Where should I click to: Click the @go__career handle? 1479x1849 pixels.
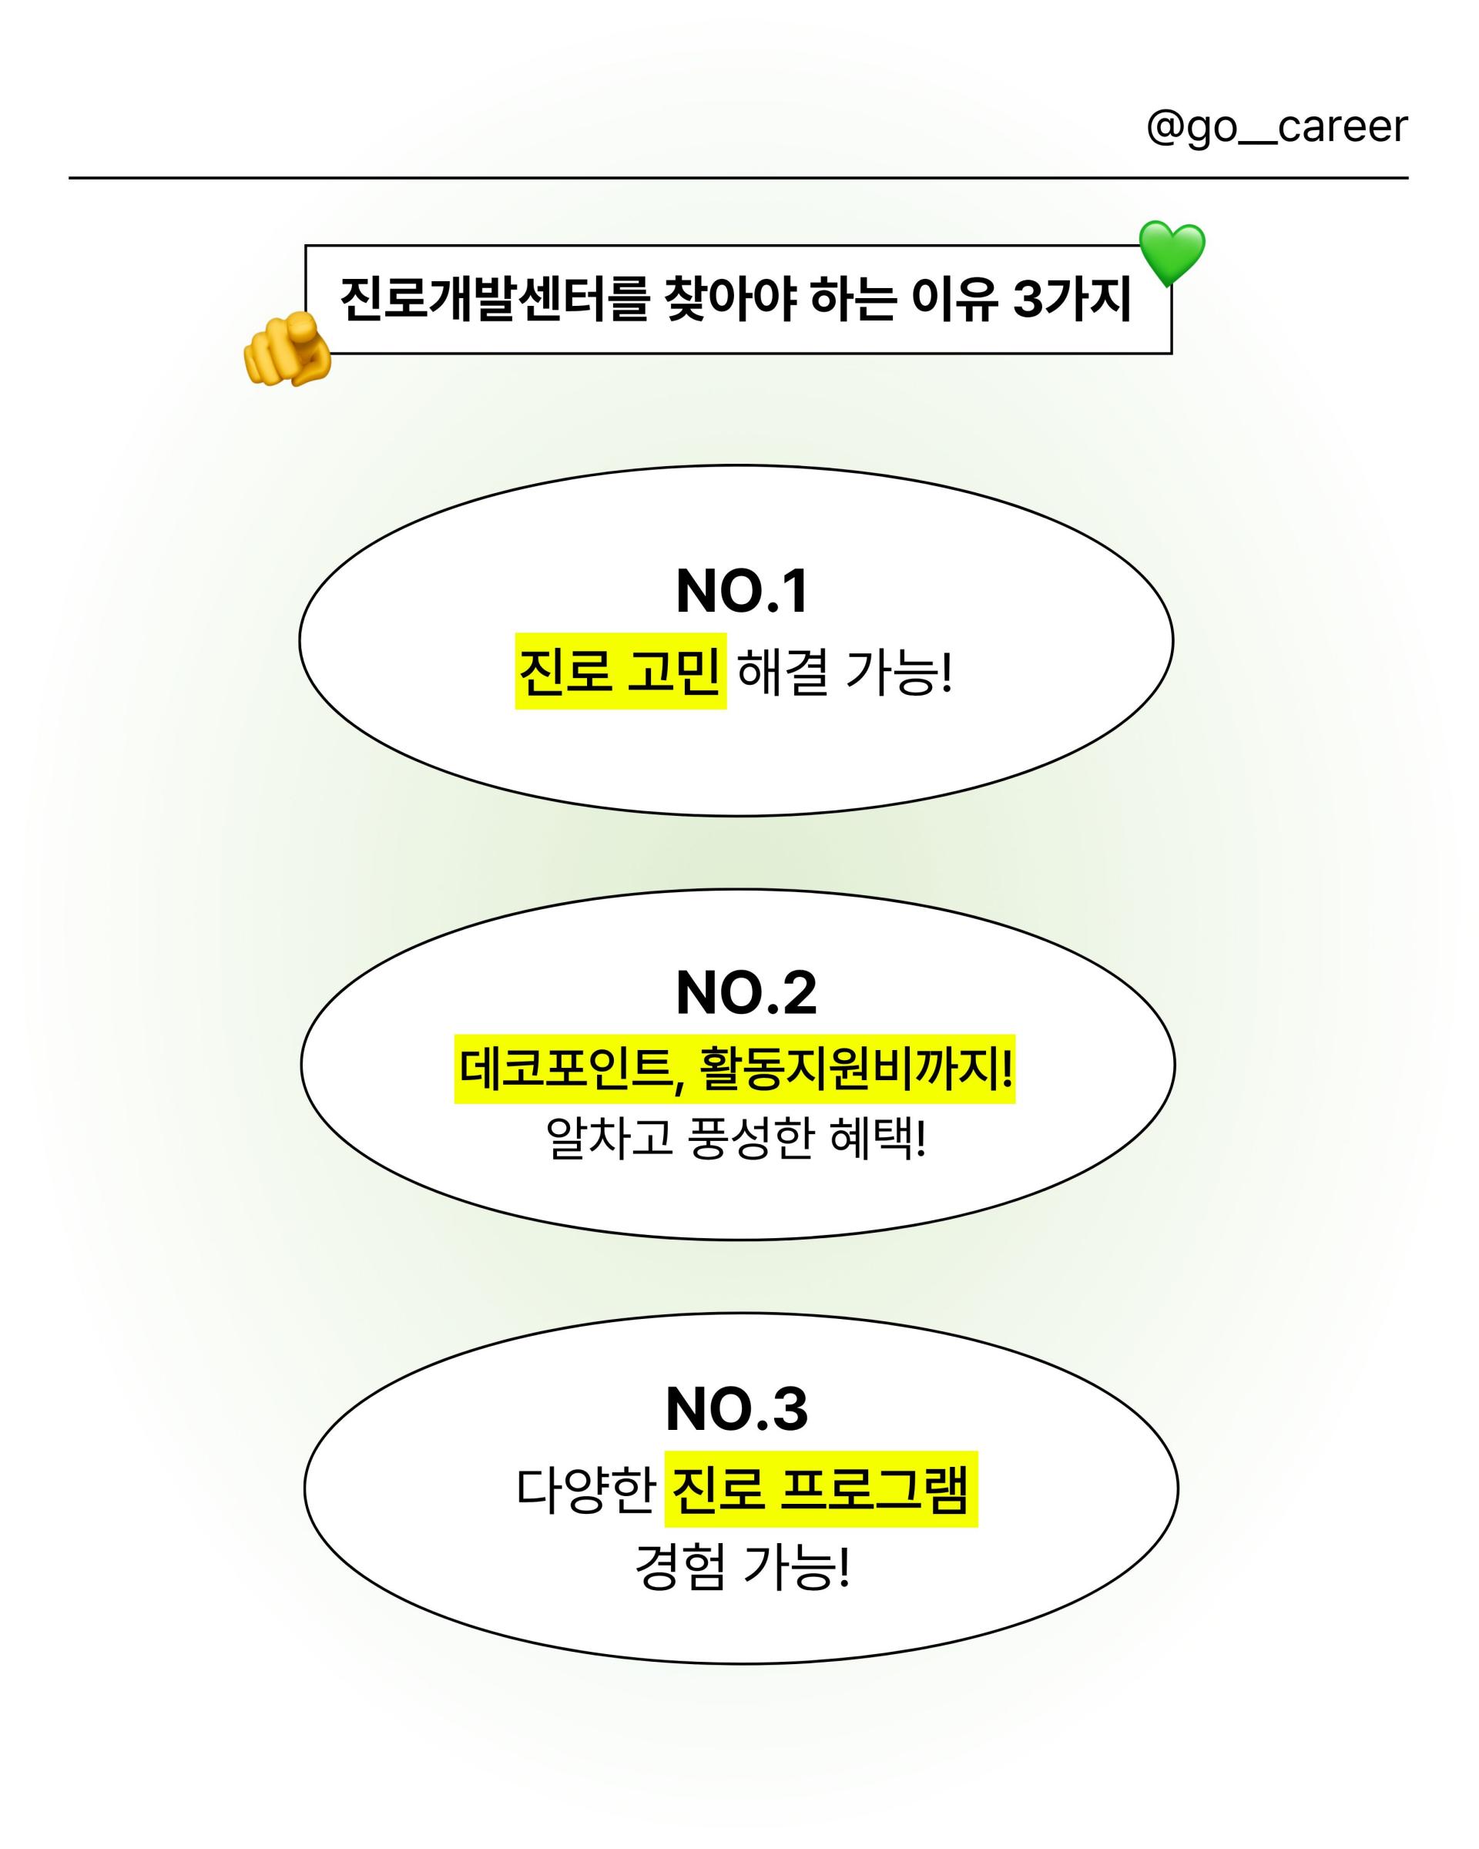(1276, 127)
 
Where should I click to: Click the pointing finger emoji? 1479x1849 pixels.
(287, 349)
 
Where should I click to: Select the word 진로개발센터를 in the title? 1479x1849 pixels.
(494, 299)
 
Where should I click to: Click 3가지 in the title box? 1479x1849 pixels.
(1072, 299)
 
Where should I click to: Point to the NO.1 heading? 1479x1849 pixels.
(743, 591)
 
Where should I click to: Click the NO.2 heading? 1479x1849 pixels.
(746, 993)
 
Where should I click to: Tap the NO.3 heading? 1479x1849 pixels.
(736, 1409)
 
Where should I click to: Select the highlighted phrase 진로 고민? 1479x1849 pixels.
(620, 671)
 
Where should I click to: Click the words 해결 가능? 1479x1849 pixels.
(845, 672)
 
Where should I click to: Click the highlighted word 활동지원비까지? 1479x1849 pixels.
(856, 1069)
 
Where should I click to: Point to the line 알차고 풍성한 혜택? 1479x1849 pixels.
(736, 1139)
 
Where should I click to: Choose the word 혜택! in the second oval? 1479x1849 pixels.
(879, 1139)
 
